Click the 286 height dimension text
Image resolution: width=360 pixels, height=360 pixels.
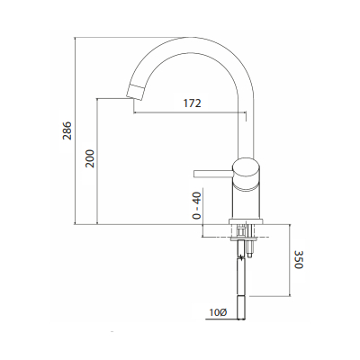(x=67, y=131)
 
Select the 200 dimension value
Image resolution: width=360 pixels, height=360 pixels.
(x=89, y=158)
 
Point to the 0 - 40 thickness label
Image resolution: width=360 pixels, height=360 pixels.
(x=197, y=205)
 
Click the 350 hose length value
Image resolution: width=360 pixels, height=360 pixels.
(x=300, y=262)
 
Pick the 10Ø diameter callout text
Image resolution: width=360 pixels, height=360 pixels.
(x=217, y=312)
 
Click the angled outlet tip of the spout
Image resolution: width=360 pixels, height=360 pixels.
(x=137, y=88)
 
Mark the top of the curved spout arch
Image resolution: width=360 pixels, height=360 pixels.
(x=190, y=39)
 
